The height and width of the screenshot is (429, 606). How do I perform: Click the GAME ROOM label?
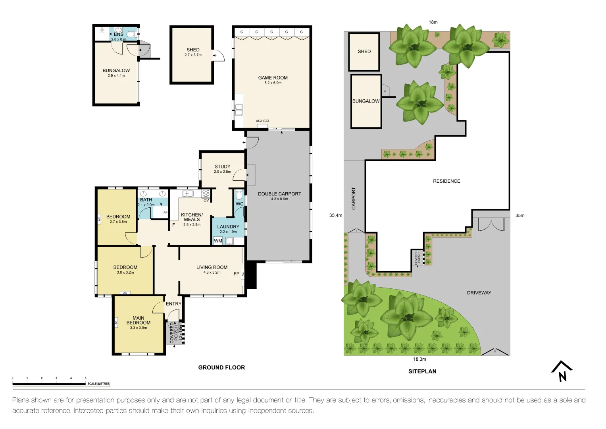(x=273, y=78)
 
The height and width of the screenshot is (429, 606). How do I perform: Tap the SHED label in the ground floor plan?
(x=193, y=50)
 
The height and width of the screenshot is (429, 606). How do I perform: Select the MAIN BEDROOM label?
(x=138, y=320)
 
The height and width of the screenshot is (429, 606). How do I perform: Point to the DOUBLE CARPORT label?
(x=279, y=194)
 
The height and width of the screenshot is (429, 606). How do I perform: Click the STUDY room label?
(x=222, y=167)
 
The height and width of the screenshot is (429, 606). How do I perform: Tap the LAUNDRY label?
(x=228, y=227)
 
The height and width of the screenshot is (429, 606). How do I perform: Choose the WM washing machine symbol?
(x=218, y=241)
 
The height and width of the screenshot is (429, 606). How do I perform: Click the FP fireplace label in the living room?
(x=237, y=274)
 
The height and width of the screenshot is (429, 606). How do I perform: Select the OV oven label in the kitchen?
(x=206, y=201)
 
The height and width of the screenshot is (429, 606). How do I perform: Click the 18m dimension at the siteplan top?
(x=433, y=22)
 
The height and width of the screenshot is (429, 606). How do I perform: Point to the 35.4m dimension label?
(x=335, y=215)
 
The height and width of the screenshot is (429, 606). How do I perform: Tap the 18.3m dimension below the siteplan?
(x=419, y=359)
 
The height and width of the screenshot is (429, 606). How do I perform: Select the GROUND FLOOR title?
(x=221, y=367)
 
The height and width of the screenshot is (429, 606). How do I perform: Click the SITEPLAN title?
(x=422, y=371)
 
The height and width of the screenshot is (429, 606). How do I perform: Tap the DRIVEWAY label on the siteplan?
(x=479, y=293)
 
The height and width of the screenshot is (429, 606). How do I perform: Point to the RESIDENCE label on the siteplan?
(x=446, y=181)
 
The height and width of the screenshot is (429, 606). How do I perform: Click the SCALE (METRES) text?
(x=99, y=384)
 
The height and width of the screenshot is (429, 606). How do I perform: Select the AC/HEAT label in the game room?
(x=262, y=121)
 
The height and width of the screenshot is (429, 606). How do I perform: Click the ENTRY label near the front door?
(x=173, y=304)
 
